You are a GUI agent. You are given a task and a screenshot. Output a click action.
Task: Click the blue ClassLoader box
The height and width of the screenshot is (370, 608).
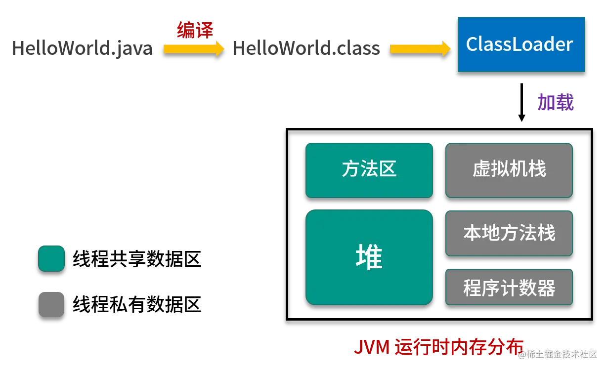tap(521, 44)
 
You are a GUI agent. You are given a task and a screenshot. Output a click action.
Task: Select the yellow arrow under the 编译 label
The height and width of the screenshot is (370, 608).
tap(193, 49)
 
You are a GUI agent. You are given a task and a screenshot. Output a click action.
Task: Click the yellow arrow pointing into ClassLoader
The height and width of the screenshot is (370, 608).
tap(420, 49)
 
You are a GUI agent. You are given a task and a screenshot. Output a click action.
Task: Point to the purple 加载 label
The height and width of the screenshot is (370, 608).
tap(556, 102)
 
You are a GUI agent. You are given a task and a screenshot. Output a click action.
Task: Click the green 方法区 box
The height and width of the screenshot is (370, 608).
tap(369, 170)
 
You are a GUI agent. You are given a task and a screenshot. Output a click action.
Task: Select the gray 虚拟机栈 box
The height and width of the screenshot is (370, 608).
tap(509, 170)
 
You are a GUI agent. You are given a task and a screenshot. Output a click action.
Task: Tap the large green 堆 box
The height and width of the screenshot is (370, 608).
tap(369, 257)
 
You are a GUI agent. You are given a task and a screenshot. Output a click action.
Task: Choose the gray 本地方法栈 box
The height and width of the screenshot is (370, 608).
tap(509, 233)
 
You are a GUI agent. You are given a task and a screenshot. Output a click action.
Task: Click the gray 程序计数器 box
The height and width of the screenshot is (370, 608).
tap(509, 287)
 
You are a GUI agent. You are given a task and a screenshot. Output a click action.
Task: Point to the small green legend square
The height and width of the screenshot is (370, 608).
tap(51, 258)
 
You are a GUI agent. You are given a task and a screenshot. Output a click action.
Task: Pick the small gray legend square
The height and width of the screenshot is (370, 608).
tap(51, 304)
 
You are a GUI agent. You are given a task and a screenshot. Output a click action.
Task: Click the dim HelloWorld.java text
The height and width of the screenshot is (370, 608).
tap(83, 49)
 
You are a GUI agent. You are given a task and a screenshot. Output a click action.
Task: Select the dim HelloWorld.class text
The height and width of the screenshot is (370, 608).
tap(306, 49)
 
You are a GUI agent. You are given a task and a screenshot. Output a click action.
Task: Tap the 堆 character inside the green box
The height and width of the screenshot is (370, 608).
tap(369, 257)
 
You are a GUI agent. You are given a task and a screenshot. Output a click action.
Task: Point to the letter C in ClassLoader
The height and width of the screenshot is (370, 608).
tap(473, 44)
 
